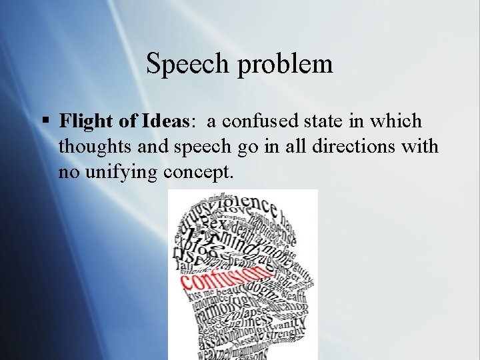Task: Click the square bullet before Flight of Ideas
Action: pos(45,121)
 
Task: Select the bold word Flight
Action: pos(82,121)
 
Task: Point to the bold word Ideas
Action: pos(165,121)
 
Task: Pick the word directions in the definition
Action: pos(363,147)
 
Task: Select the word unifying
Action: pos(120,172)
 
